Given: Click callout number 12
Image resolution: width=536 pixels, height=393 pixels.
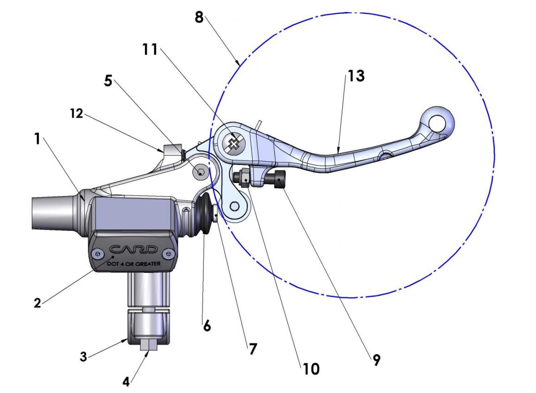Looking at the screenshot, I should pos(76,113).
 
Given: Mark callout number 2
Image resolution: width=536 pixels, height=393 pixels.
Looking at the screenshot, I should pos(38,303).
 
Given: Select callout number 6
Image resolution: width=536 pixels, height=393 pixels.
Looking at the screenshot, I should pos(207,326).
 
